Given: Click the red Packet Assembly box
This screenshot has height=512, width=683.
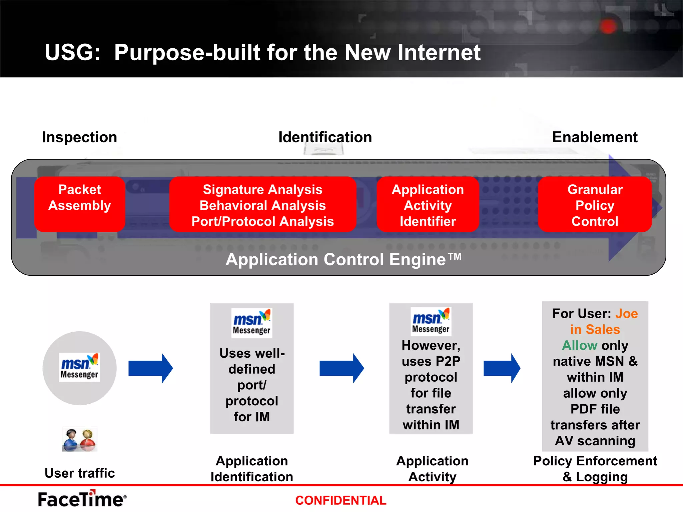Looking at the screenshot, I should (x=79, y=204).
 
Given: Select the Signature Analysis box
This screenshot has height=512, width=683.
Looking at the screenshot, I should (x=262, y=204).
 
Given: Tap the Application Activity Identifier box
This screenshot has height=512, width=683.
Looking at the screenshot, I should (x=428, y=204).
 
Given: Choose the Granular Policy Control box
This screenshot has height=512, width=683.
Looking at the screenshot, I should (x=595, y=204).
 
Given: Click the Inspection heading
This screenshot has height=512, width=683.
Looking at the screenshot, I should (x=79, y=137).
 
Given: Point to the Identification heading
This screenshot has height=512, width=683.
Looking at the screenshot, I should (x=325, y=137).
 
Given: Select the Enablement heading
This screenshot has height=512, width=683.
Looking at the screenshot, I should (x=595, y=137).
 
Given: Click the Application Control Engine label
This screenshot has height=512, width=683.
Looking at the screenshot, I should (x=344, y=259).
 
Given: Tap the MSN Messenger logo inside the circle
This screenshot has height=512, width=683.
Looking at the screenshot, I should (x=79, y=367).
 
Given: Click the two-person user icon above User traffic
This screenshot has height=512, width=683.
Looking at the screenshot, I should (x=79, y=439).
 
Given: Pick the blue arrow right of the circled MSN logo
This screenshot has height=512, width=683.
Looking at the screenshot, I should (x=150, y=368).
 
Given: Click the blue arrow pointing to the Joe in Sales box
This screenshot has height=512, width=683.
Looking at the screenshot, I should (x=502, y=368).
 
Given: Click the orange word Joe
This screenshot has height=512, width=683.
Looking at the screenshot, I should (x=626, y=314).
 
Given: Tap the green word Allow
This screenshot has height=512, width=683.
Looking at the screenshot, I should (x=579, y=345).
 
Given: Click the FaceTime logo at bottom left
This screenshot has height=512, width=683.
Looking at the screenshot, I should (x=82, y=499).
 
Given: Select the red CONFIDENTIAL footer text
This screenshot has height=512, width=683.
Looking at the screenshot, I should (x=340, y=500).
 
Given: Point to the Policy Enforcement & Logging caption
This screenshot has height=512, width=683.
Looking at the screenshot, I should (x=595, y=469).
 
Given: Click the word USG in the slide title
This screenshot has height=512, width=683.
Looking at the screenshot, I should (x=72, y=53).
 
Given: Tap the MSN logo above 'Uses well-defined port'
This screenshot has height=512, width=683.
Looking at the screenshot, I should (x=252, y=322).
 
